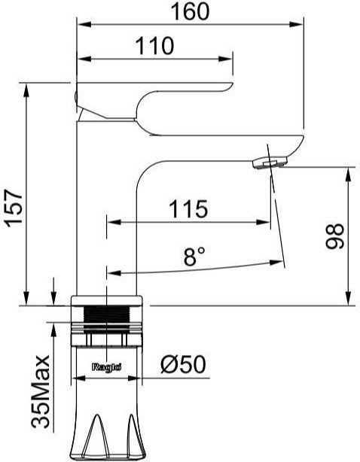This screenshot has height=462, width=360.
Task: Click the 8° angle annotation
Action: coord(194,257)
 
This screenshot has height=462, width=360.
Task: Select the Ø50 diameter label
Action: coord(183,365)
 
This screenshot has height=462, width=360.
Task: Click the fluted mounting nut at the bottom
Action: coord(106,433)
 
